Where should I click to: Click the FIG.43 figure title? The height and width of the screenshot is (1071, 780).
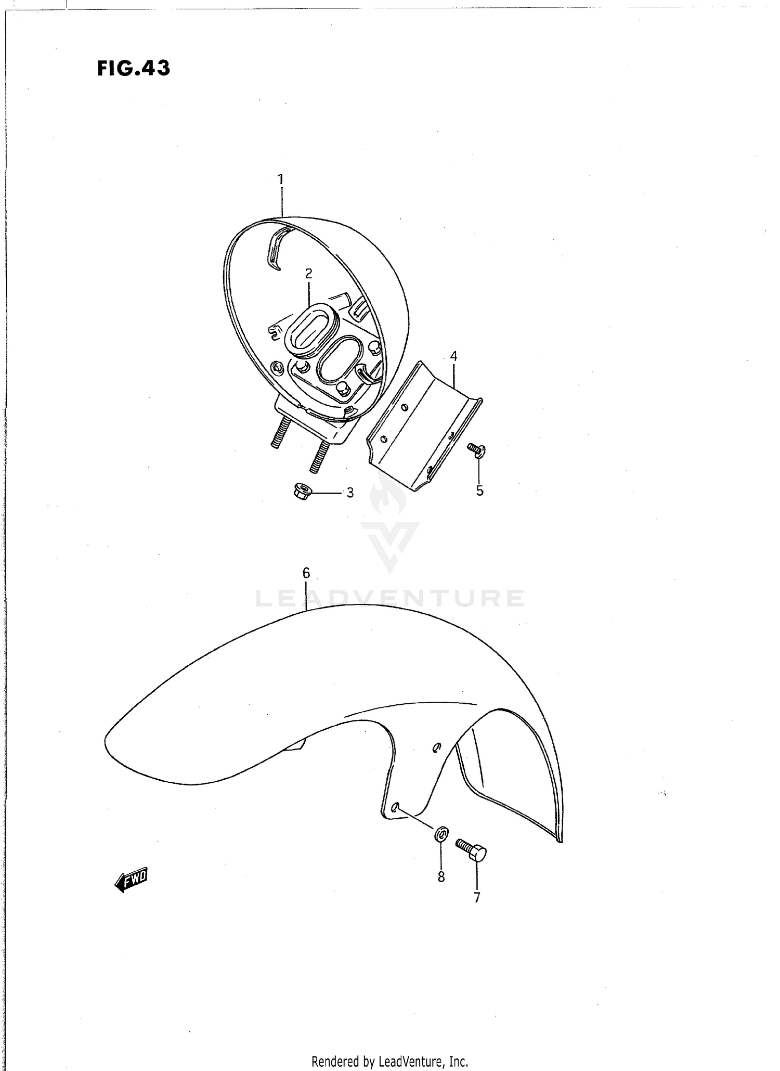click(x=134, y=69)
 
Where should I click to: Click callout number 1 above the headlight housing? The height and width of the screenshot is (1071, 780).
click(x=281, y=179)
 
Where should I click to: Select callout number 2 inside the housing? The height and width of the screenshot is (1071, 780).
click(x=308, y=274)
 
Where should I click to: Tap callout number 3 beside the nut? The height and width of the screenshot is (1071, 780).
click(x=350, y=493)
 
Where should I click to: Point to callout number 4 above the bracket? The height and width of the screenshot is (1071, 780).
click(x=453, y=356)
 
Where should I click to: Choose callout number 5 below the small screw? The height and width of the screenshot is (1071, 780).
click(x=479, y=491)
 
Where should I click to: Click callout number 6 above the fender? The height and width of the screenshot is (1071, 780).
click(x=306, y=573)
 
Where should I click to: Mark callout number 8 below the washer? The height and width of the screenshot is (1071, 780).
click(x=441, y=877)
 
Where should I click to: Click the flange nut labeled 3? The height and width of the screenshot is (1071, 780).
click(x=302, y=490)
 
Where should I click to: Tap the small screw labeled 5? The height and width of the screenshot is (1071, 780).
click(x=475, y=449)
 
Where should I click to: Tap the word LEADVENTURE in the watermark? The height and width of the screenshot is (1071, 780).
click(x=390, y=598)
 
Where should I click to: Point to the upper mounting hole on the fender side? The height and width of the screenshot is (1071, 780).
click(x=437, y=747)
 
